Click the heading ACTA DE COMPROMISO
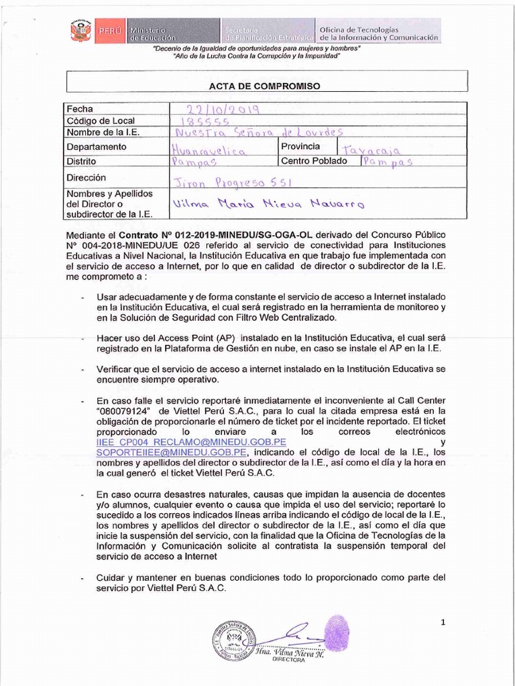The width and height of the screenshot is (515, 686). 265,86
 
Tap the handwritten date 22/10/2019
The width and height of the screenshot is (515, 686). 215,109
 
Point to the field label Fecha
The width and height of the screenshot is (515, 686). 80,109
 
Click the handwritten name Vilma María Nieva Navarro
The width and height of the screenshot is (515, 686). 268,204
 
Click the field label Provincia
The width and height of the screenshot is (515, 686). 300,146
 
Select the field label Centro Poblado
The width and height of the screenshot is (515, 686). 314,161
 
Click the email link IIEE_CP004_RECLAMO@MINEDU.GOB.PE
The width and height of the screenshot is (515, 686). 192,443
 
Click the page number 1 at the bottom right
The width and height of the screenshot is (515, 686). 443,622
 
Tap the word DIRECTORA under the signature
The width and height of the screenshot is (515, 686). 288,660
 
